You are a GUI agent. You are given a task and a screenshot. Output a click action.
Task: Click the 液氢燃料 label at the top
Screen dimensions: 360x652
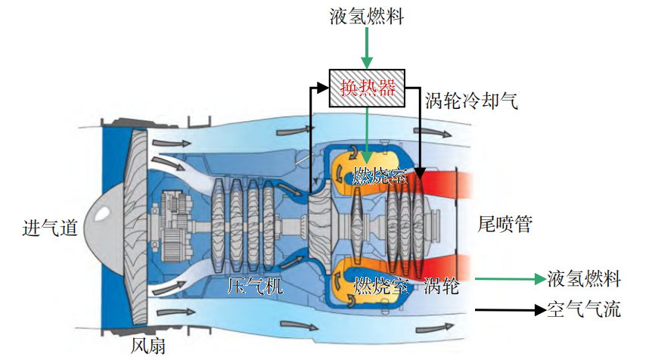tap(367, 17)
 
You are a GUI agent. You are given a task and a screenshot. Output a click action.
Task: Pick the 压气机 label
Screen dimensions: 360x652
tap(255, 286)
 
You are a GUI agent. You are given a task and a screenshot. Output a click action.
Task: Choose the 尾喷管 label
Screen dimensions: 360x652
tap(505, 224)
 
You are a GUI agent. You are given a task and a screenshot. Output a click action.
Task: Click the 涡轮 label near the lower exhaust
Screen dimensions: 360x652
tap(442, 286)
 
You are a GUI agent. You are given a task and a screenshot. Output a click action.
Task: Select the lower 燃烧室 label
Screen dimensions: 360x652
tap(381, 286)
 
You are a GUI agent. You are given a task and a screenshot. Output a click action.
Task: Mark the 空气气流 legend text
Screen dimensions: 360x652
tap(583, 309)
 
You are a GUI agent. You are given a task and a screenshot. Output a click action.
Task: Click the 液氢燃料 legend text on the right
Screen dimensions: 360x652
tap(583, 279)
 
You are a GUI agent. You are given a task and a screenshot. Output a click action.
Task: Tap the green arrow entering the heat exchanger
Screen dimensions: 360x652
tap(367, 49)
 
